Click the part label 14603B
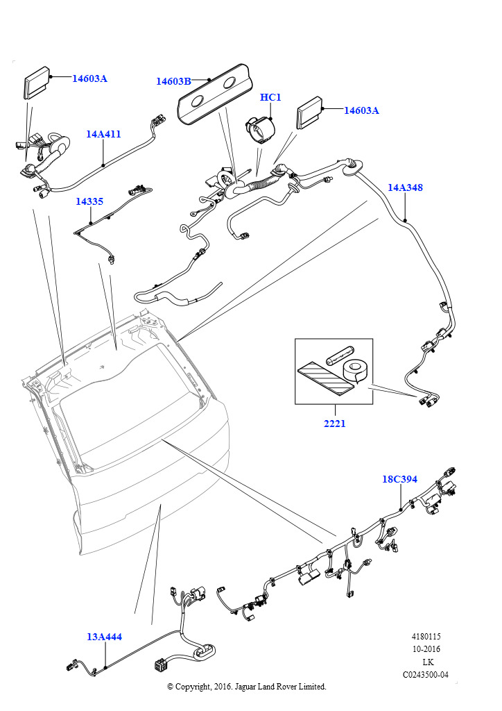click(173, 81)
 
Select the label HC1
click(270, 97)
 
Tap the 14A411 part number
click(104, 134)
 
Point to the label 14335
click(89, 201)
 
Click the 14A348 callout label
click(405, 187)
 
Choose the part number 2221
click(334, 424)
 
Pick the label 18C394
click(399, 479)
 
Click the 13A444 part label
click(105, 637)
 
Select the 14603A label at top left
click(89, 78)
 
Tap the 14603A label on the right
click(362, 110)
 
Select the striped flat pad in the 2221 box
click(325, 377)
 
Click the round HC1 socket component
click(260, 129)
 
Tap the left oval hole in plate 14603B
click(198, 101)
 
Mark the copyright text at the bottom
click(247, 687)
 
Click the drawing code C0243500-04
click(426, 675)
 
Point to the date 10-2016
click(426, 649)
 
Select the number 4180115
click(426, 636)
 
